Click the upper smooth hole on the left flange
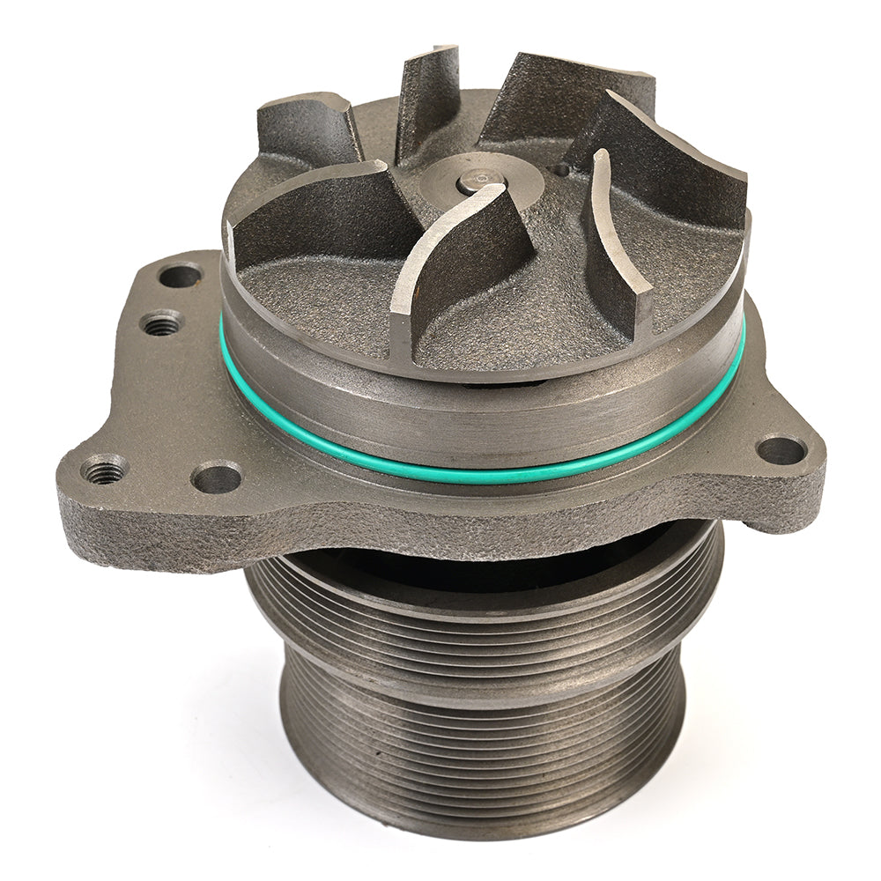(180, 276)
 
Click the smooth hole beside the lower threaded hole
(216, 477)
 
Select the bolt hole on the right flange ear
(781, 449)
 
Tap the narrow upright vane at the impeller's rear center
(429, 101)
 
